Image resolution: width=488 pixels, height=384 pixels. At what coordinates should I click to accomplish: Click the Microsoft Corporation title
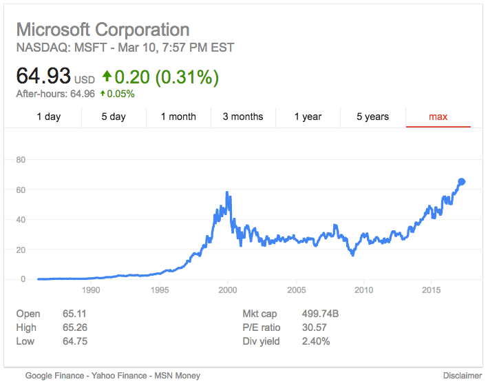pos(103,30)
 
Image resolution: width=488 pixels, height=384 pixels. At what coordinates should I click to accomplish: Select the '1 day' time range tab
pos(49,117)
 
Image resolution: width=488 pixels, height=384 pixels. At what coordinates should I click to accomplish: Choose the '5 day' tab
pos(114,117)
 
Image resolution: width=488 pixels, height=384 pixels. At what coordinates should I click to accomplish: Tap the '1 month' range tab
pos(178,117)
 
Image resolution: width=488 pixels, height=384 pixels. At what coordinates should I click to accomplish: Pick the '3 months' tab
pos(243,117)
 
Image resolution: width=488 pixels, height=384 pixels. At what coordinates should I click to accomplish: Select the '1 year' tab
pos(308,117)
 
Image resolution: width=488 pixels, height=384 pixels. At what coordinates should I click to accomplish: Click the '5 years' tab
pos(372,117)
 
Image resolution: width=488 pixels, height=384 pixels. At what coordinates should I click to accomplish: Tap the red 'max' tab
pos(438,117)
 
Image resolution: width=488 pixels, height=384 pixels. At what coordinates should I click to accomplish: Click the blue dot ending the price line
pos(462,181)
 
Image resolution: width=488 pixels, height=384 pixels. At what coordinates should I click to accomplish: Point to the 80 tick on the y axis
pos(21,160)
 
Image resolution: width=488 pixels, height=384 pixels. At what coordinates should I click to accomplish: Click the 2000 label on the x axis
pos(228,290)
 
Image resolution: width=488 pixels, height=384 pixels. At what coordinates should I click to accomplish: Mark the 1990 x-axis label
pos(92,290)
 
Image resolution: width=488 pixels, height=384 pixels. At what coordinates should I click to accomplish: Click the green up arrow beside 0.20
pos(107,76)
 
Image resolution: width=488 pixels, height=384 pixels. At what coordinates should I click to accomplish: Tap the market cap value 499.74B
pos(320,314)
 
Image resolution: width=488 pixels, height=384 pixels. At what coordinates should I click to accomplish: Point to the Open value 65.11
pos(74,314)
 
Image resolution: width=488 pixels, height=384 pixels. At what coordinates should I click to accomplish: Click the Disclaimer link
pos(463,376)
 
